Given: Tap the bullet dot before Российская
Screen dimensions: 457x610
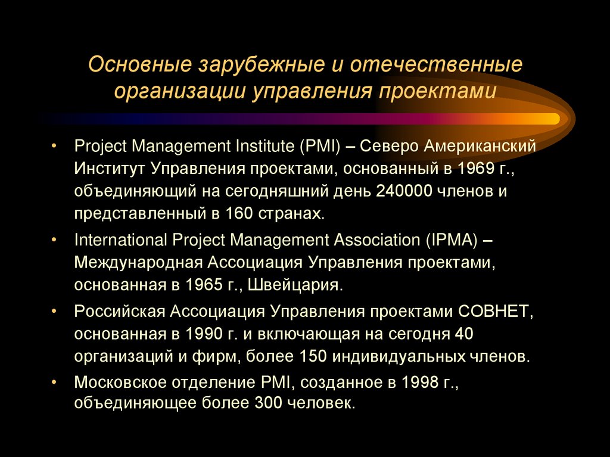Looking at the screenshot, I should pos(55,311).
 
